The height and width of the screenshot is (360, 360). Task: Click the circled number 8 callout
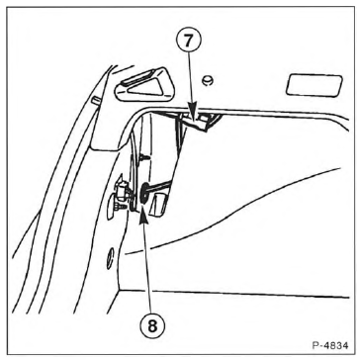[x=152, y=325]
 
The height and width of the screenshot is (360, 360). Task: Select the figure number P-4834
[x=330, y=346]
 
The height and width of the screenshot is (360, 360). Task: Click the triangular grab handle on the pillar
[x=142, y=84]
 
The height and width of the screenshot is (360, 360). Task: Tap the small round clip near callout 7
[x=207, y=80]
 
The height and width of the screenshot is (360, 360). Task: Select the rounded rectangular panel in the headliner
[x=315, y=85]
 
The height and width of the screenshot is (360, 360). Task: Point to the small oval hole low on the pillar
[x=111, y=258]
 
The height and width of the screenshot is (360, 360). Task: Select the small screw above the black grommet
[x=144, y=158]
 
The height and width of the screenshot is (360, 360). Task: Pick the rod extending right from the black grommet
[x=160, y=186]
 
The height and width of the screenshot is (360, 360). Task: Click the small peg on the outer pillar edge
[x=96, y=100]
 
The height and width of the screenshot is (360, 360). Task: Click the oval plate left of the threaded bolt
[x=112, y=206]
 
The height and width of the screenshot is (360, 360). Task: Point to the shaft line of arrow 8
[x=148, y=268]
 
